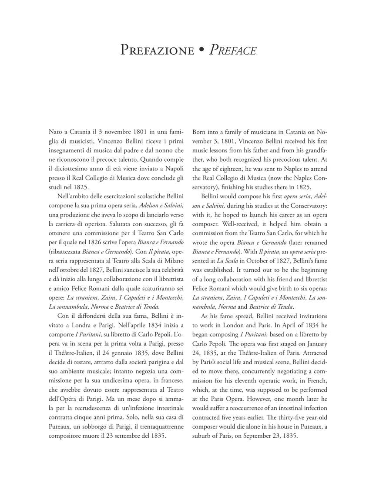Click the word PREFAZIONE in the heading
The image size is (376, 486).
click(157, 50)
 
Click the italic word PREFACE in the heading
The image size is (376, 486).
click(233, 50)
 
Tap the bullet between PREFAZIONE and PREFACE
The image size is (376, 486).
click(201, 50)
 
